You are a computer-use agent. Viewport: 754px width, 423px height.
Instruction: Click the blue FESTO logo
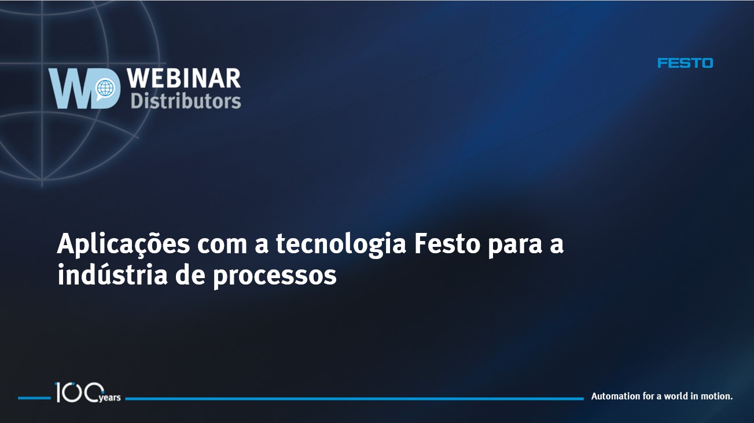tap(685, 63)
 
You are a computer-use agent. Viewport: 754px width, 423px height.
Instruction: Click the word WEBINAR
tap(184, 78)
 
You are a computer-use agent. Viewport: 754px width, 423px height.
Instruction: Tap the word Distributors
tap(186, 101)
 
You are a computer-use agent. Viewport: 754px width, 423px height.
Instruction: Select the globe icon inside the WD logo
tap(105, 88)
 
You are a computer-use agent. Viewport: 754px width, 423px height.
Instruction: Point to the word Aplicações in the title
tap(123, 244)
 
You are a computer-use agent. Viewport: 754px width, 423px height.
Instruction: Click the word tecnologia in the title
tap(341, 245)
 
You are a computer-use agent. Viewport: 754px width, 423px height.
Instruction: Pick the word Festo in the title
tap(447, 243)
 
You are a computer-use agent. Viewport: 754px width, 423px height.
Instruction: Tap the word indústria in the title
tap(112, 274)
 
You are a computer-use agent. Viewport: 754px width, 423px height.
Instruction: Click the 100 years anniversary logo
tap(87, 392)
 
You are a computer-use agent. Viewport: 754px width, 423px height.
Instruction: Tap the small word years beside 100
tap(110, 398)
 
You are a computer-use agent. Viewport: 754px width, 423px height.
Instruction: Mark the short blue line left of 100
tap(34, 398)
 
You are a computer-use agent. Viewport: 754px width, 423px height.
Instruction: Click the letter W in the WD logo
tap(71, 89)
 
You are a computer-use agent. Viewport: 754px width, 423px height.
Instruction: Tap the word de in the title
tap(190, 274)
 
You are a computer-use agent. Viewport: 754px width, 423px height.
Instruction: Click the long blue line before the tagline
tap(355, 399)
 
